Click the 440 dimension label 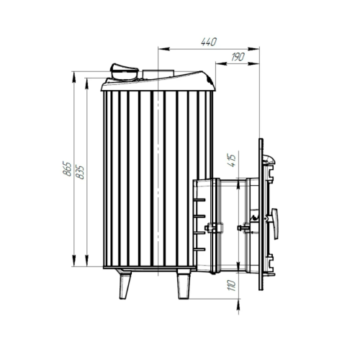point(209,42)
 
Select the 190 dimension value point(238,57)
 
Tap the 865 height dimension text point(67,169)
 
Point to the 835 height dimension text point(80,172)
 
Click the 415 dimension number point(232,161)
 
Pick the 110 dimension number point(232,285)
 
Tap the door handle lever point(275,224)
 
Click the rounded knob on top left point(124,71)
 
